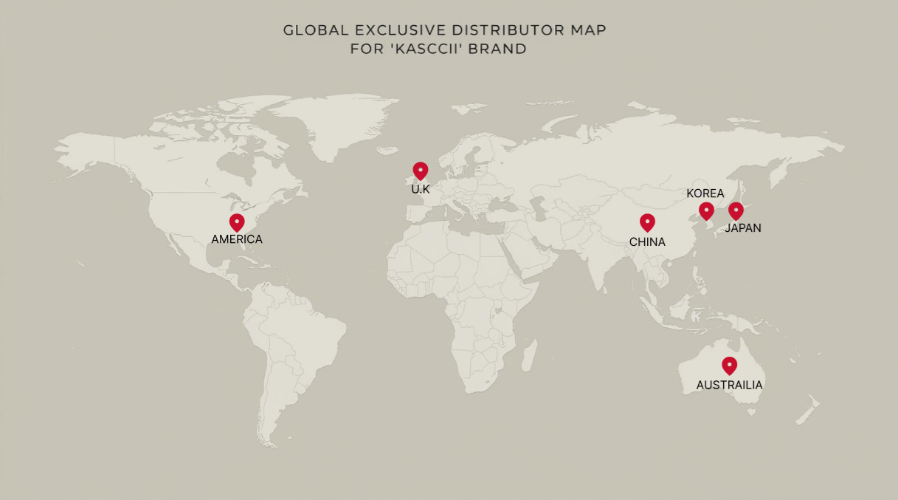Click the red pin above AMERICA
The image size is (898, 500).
237,222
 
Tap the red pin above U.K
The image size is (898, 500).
421,171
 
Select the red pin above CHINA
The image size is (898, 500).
647,222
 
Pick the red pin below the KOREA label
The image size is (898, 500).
706,210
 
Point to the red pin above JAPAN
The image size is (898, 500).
736,210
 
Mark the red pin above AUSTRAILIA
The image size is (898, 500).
729,365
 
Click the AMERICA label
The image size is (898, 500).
237,239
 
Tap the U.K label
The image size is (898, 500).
421,190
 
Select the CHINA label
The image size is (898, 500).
647,242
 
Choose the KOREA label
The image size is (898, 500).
705,194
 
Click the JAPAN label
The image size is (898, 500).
743,228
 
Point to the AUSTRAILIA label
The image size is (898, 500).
729,386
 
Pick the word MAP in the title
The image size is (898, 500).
588,31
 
